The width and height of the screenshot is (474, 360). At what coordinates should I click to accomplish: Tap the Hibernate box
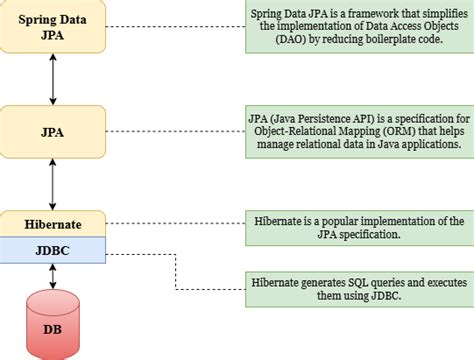[52, 223]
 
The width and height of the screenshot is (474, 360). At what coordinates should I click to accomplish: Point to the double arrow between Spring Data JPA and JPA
[52, 76]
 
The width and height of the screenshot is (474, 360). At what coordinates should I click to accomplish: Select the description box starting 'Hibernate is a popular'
[358, 226]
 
